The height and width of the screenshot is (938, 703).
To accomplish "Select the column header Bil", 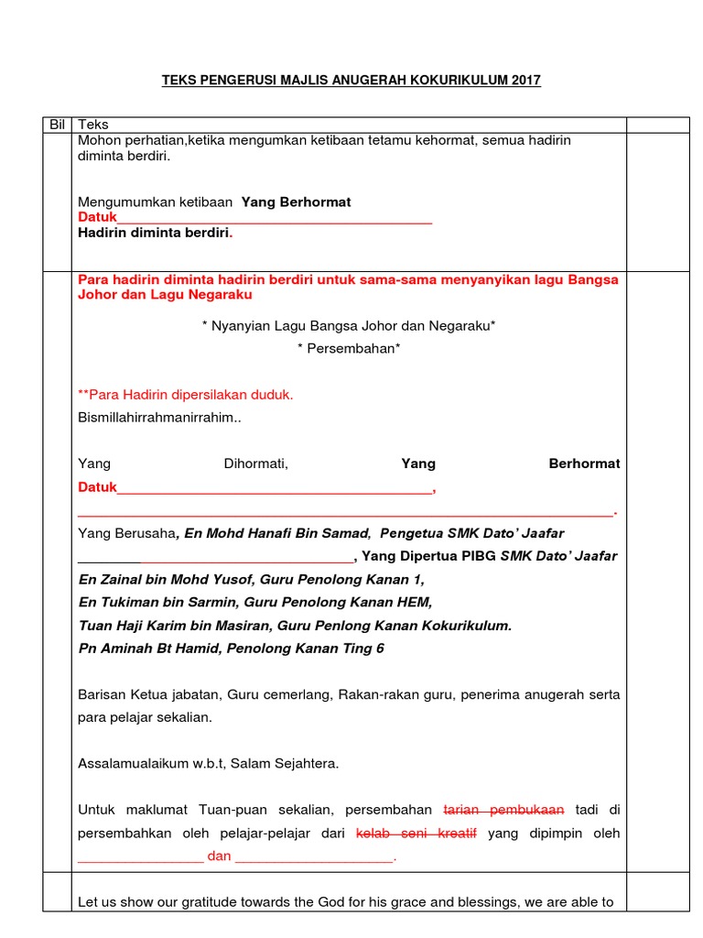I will click(x=56, y=125).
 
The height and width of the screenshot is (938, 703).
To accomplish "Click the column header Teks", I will click(x=93, y=125).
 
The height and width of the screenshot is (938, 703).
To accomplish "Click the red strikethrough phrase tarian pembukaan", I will click(x=503, y=811).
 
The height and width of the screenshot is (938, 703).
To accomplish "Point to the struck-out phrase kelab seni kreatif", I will click(x=416, y=834).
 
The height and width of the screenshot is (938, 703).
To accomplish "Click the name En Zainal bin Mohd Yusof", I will click(x=168, y=580).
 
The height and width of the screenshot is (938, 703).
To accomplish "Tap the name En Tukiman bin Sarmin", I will click(x=161, y=603).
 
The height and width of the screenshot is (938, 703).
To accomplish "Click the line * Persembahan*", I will click(x=349, y=349).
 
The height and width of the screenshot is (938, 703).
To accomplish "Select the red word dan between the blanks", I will click(x=220, y=857).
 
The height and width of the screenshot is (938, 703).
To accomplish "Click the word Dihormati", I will click(x=256, y=464).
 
